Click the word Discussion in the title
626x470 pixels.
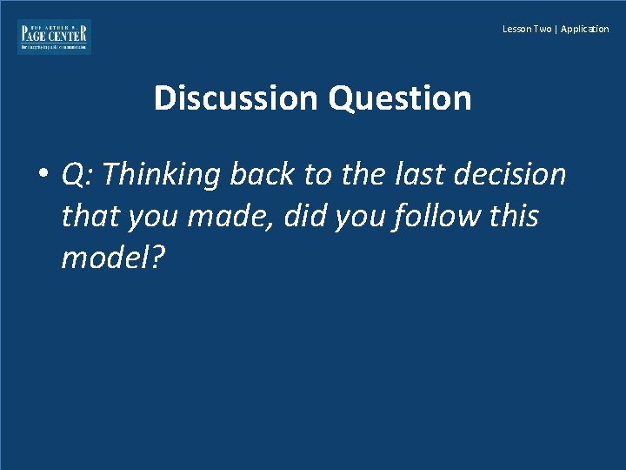coord(237,98)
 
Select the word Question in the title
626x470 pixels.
coord(400,98)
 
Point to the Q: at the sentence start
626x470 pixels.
coord(78,175)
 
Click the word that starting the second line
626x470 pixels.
coord(90,216)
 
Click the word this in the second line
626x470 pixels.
coord(514,216)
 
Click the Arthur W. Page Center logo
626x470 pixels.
coord(54,37)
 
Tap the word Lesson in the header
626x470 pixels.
coord(516,29)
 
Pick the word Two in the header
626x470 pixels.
coord(542,29)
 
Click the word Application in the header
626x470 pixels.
coord(585,29)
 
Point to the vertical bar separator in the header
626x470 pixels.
coord(556,29)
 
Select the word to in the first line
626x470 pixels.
coord(319,175)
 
